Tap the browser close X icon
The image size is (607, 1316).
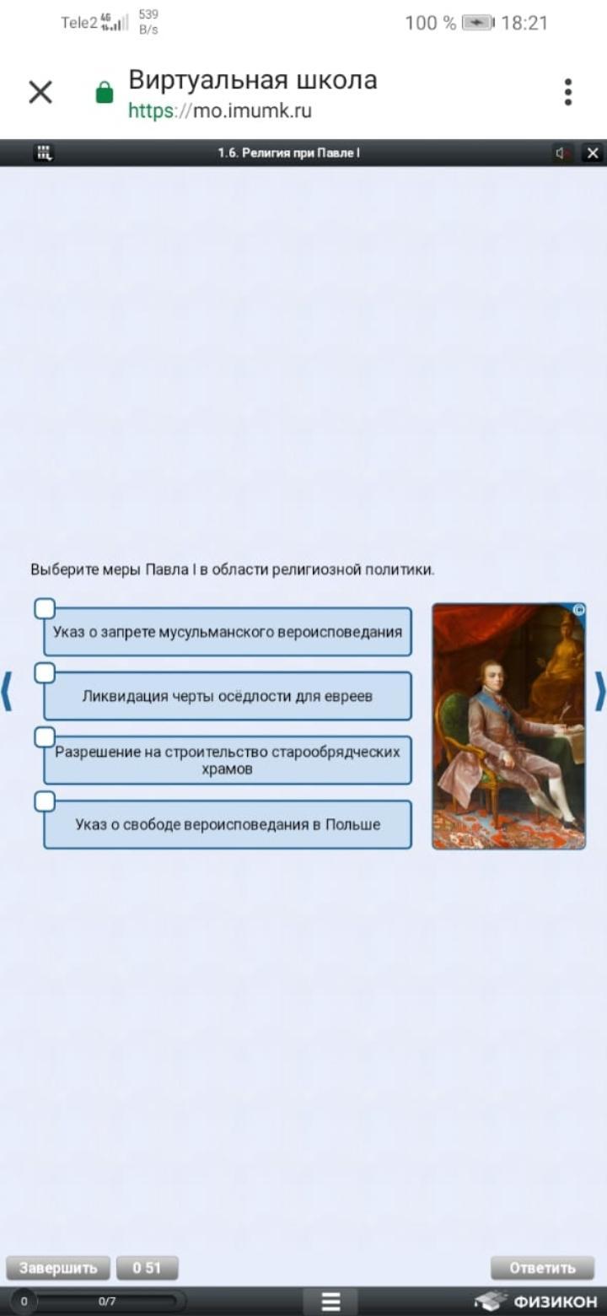[x=40, y=92]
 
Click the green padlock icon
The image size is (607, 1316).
[x=105, y=92]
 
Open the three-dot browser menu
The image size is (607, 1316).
[x=567, y=92]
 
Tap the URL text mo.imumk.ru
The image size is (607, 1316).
[x=252, y=111]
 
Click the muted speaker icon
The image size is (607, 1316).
[x=561, y=154]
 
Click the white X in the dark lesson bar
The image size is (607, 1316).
[x=593, y=154]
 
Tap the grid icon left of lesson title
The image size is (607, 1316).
[x=44, y=153]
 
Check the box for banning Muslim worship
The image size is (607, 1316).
[x=45, y=609]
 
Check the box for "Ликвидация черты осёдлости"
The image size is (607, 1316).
[x=45, y=672]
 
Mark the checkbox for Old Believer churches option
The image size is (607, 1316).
[x=45, y=736]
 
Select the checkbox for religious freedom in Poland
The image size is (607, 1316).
[x=45, y=801]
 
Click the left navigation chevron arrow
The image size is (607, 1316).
[x=7, y=691]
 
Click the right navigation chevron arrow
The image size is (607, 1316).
[x=600, y=691]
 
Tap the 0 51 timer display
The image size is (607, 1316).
[x=147, y=1267]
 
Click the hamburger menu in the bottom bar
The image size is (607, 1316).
[x=331, y=1302]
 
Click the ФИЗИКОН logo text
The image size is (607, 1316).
[x=555, y=1302]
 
